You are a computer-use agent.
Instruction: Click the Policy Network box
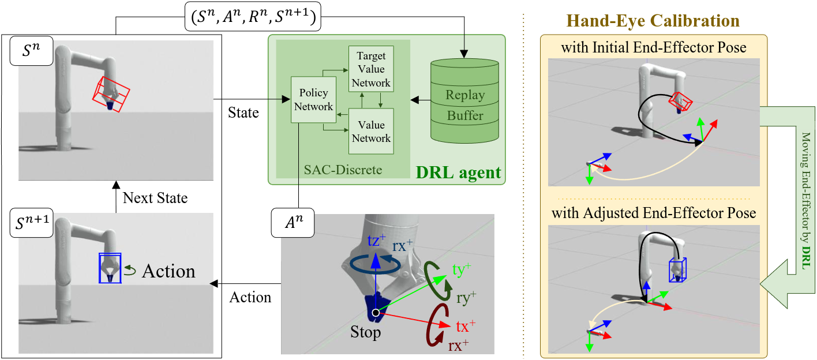point(313,100)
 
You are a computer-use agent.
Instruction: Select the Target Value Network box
point(371,69)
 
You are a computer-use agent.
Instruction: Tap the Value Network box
point(371,131)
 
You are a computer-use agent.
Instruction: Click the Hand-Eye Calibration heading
point(654,21)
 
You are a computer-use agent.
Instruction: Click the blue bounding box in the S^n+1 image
point(110,268)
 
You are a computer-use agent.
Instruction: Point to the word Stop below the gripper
point(366,333)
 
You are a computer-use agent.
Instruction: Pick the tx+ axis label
point(466,326)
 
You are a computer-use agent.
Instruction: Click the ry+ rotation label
point(465,298)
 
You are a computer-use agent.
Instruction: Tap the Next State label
point(155,198)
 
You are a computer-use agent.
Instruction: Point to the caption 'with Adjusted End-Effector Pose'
point(654,213)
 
